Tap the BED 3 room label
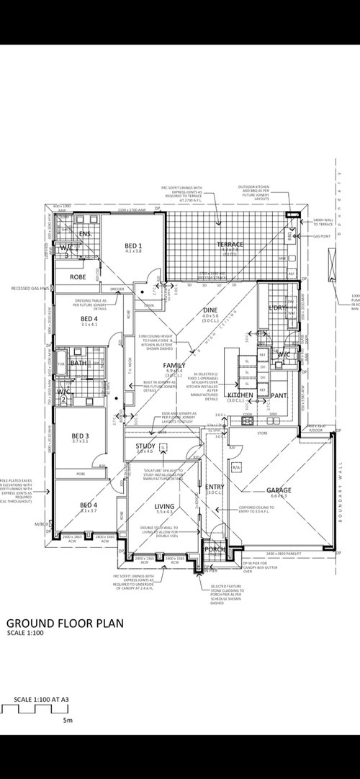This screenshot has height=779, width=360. coord(80,436)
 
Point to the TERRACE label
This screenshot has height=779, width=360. coord(230,245)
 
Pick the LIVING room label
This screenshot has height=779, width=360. coord(165,508)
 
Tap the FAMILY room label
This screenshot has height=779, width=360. coord(174,366)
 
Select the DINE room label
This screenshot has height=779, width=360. coord(210,310)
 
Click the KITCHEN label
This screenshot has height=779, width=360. coord(240,395)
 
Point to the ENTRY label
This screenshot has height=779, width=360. coord(215,487)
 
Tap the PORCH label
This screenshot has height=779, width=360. coord(215,549)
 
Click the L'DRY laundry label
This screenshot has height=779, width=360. coord(277,308)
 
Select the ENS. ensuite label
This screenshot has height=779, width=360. coord(84,233)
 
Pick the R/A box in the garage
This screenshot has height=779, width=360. coord(235,468)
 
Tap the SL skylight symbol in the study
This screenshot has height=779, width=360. coord(163,447)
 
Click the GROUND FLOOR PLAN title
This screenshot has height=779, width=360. coord(66,623)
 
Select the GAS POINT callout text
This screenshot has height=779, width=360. coord(323,235)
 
